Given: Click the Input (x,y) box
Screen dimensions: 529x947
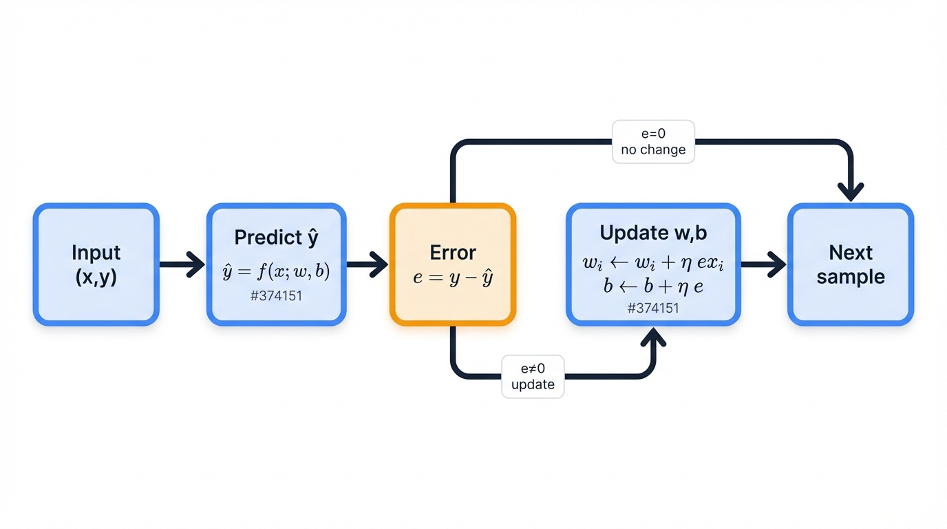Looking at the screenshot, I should [x=96, y=264].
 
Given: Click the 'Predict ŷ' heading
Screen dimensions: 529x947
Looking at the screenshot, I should [x=276, y=238].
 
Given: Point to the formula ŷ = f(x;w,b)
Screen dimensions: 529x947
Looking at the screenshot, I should [x=276, y=271].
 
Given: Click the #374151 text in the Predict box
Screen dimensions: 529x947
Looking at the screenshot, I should [x=276, y=296].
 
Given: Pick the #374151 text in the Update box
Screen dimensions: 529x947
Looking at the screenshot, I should [x=653, y=308].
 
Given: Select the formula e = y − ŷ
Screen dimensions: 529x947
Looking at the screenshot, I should [x=453, y=279].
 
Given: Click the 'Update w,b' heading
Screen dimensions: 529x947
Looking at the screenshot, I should [x=653, y=233].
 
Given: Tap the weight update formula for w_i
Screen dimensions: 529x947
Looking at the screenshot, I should [x=653, y=263].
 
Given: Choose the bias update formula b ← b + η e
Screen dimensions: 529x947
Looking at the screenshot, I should [x=653, y=286].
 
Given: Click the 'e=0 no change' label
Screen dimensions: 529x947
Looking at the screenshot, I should [x=653, y=142].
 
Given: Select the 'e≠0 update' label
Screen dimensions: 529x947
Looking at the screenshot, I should [x=533, y=376].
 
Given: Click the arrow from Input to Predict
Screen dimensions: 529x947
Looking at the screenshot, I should [x=182, y=264].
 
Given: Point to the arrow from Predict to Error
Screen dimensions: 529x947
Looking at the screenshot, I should [x=368, y=264].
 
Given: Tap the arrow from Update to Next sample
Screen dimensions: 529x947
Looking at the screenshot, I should [x=764, y=264].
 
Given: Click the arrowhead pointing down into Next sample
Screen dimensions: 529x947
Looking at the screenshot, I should [x=851, y=191].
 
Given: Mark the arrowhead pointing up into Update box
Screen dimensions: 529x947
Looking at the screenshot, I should [x=653, y=338].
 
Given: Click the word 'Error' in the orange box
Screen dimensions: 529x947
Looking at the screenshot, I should [x=453, y=252].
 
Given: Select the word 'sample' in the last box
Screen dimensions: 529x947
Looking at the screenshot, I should [x=851, y=277].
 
